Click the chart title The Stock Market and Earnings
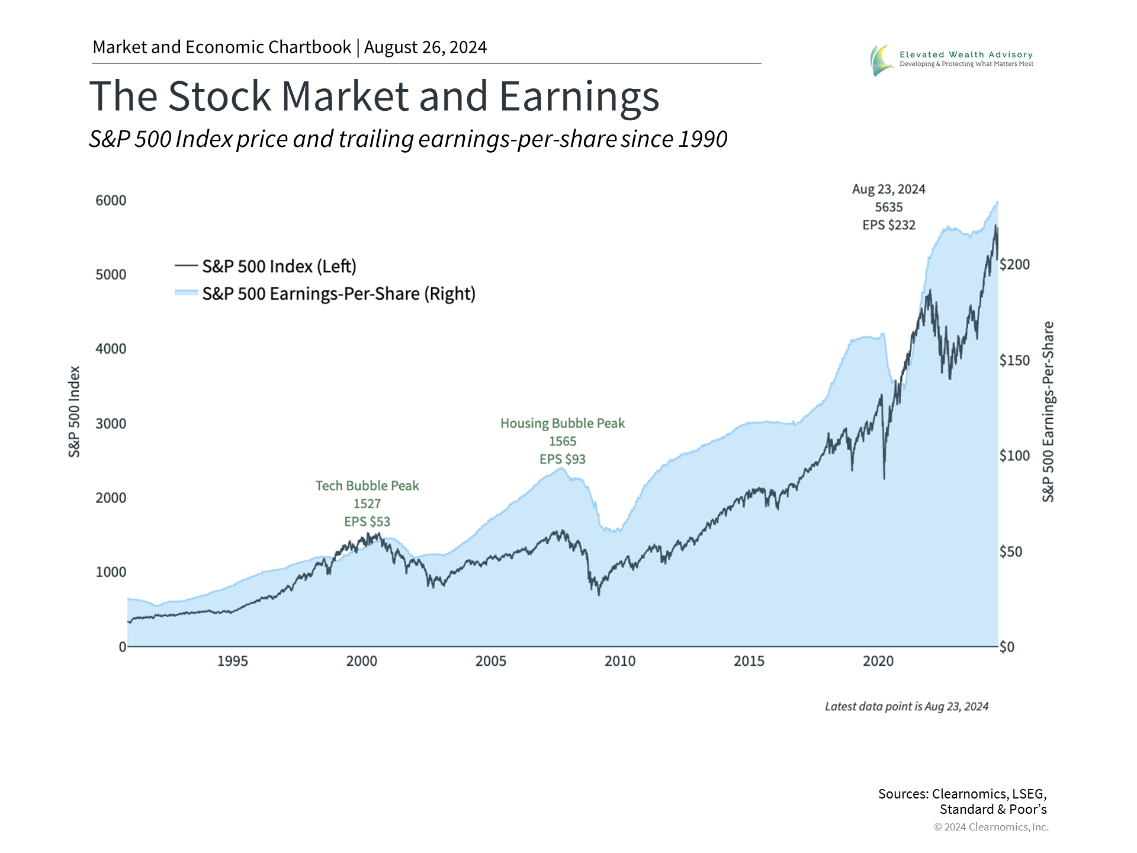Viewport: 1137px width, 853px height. pos(374,96)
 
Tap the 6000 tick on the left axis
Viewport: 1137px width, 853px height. pos(111,200)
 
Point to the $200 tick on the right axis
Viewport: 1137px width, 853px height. pos(1014,264)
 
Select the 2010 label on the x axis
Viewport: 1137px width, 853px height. pos(619,661)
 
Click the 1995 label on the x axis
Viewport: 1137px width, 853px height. pos(232,661)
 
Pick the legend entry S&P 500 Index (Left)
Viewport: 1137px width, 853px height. pos(279,267)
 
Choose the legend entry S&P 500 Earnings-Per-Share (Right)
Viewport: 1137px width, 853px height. pos(339,294)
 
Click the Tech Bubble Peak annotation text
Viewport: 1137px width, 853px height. pos(367,486)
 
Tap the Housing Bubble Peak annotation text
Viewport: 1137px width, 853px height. pos(563,424)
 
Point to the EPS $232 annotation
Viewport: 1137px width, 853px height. pos(888,225)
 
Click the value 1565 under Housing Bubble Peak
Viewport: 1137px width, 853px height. pos(563,441)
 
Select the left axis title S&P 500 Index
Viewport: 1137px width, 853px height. pos(74,412)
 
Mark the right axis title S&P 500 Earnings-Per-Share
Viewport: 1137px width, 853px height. pos(1048,412)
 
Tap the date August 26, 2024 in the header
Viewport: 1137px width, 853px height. pos(425,47)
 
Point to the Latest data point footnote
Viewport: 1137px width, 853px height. pos(906,706)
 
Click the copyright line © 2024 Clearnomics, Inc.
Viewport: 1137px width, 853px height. pos(991,827)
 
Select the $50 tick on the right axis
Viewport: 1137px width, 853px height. pos(1010,551)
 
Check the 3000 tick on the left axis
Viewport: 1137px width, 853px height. pos(111,424)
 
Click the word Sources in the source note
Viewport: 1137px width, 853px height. pos(902,794)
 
